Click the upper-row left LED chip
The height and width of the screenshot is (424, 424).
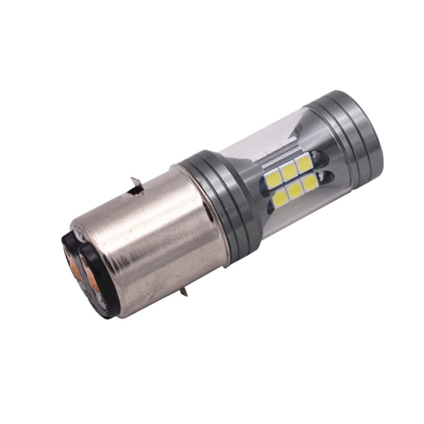pos(274,178)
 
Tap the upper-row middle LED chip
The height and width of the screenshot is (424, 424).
pos(289,171)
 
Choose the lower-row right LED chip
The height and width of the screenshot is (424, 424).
pos(310,183)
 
